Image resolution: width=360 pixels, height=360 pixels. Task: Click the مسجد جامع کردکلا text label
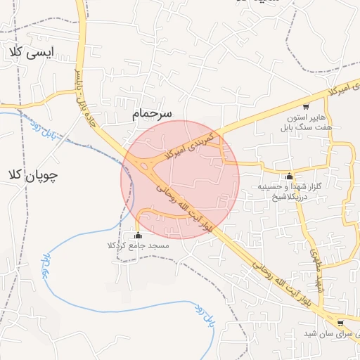pos(139,245)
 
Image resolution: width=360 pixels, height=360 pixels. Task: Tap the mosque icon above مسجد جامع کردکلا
pos(138,236)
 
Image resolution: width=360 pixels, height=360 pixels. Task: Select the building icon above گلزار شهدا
pos(289,176)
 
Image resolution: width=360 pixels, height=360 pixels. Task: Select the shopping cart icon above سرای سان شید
pos(341,323)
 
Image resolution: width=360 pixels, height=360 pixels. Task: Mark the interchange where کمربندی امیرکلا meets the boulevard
pos(148,167)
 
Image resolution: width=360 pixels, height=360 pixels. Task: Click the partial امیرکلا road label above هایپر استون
pos(341,89)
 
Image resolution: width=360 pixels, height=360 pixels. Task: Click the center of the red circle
pos(180,179)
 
